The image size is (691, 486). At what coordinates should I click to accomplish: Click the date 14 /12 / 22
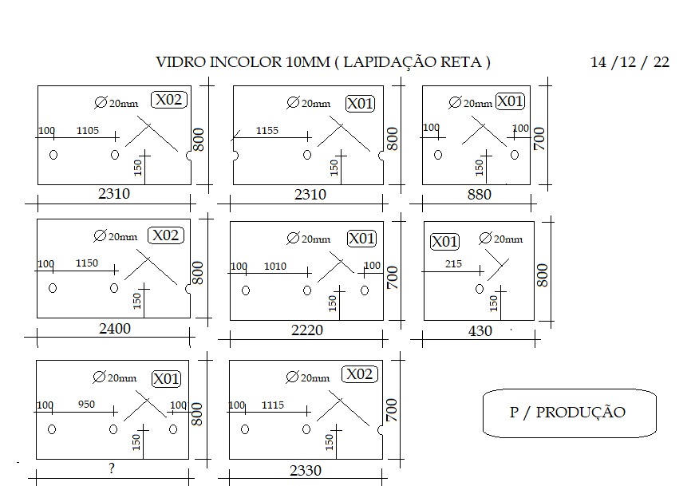(630, 62)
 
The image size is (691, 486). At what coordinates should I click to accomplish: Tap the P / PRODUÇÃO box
(570, 413)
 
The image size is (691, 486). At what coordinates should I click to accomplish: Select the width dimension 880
(479, 194)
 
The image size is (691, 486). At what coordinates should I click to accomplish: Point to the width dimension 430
(480, 331)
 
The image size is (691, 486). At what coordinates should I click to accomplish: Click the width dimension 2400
(115, 329)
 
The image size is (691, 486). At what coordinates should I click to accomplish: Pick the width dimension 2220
(307, 330)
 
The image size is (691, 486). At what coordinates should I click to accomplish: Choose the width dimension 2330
(306, 471)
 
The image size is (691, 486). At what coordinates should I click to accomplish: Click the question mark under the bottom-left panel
(112, 468)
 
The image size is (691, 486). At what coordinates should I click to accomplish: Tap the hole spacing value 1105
(88, 130)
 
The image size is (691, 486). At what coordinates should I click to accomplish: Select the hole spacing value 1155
(267, 130)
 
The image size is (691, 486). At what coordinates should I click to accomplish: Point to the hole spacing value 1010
(275, 266)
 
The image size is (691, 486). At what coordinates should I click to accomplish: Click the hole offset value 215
(453, 264)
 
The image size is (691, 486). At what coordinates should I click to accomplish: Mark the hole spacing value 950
(86, 404)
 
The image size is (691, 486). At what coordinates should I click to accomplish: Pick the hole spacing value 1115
(273, 405)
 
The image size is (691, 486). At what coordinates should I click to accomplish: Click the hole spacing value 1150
(87, 263)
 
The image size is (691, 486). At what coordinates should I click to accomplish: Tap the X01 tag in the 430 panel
(444, 242)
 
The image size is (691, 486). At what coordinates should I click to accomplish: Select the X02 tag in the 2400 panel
(166, 235)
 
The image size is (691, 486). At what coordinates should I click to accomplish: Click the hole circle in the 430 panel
(480, 289)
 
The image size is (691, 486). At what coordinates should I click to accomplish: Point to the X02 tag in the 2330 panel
(360, 374)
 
